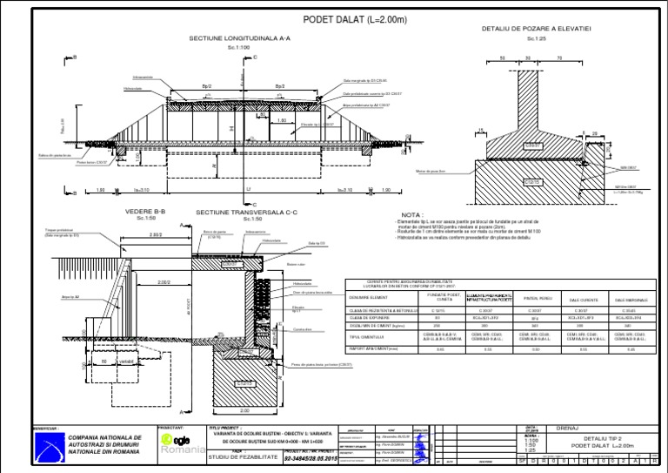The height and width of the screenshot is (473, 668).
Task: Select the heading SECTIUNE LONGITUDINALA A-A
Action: point(240,39)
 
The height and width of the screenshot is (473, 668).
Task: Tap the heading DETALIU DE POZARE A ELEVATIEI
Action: point(537,29)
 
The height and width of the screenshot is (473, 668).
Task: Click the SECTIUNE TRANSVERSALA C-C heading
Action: point(247,212)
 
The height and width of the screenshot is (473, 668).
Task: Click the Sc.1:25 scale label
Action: point(536,38)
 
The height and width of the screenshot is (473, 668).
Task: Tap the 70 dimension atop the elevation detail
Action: point(558,59)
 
